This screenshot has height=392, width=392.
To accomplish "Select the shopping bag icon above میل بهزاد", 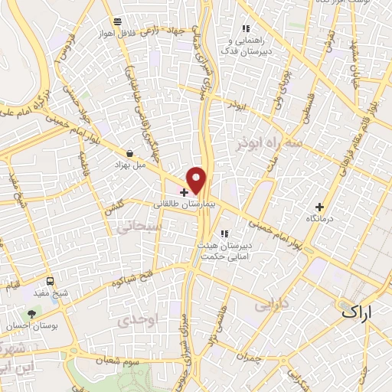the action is click(129, 153).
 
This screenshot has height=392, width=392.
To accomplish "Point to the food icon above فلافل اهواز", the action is click(116, 22).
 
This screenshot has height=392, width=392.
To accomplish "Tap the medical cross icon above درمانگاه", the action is click(320, 206).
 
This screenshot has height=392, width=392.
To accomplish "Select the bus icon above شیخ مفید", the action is click(50, 281).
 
